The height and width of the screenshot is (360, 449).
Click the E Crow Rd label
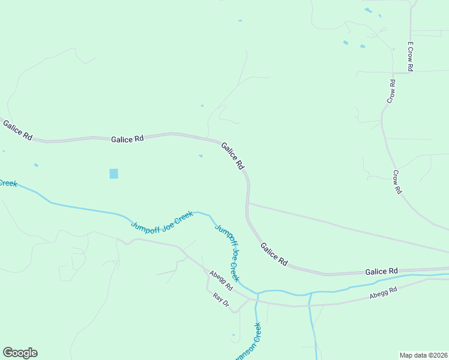[x=411, y=57]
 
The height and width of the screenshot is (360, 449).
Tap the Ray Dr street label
[x=221, y=300]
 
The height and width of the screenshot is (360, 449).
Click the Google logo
[x=20, y=353]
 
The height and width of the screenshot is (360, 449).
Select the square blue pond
[x=114, y=173]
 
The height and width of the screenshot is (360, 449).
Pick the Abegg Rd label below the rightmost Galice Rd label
[x=384, y=292]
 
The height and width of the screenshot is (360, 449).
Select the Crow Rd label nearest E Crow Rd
[x=391, y=91]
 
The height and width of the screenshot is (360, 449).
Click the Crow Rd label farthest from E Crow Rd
[x=397, y=182]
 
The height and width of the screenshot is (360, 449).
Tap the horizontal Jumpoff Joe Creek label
[x=162, y=220]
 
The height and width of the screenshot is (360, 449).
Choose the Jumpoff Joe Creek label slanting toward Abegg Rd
[x=228, y=253]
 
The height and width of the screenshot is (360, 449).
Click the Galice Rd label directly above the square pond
[x=127, y=139]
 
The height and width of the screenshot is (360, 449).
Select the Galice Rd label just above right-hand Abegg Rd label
[x=382, y=272]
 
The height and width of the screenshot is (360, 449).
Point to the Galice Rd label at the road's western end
[x=17, y=130]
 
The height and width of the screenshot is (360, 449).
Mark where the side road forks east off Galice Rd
[x=248, y=203]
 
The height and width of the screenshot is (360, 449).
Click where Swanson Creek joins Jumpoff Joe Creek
[x=257, y=295]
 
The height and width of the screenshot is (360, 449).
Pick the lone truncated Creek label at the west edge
[x=8, y=182]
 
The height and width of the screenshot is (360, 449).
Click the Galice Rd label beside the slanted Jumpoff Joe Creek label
[x=274, y=254]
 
